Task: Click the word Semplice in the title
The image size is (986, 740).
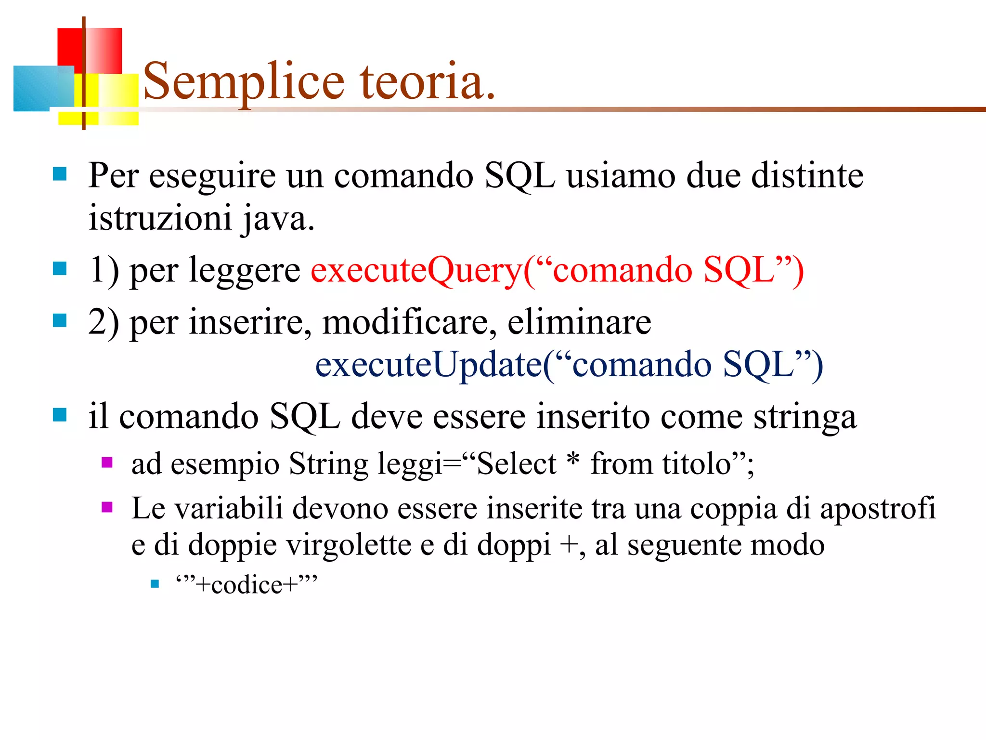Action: (x=244, y=82)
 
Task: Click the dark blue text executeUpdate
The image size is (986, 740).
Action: (x=429, y=365)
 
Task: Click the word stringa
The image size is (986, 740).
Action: (x=804, y=417)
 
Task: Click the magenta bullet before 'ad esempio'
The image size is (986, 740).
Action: (x=107, y=463)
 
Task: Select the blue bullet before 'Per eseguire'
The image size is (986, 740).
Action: (x=60, y=174)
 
